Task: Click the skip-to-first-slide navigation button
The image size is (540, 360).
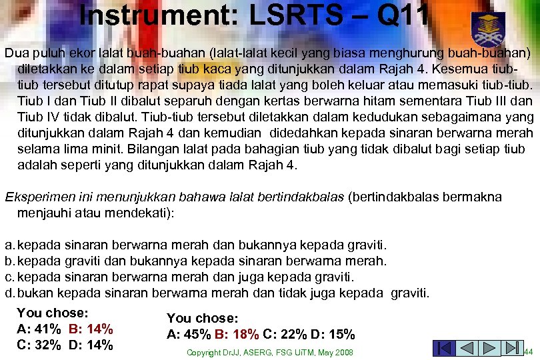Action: click(444, 348)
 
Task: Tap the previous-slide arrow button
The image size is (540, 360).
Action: click(467, 348)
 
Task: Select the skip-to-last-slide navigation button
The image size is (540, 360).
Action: click(513, 348)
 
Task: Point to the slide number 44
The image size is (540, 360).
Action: click(528, 352)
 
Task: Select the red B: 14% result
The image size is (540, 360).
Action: click(91, 329)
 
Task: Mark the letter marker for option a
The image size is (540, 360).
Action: click(9, 246)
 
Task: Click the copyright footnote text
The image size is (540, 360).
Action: click(269, 352)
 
